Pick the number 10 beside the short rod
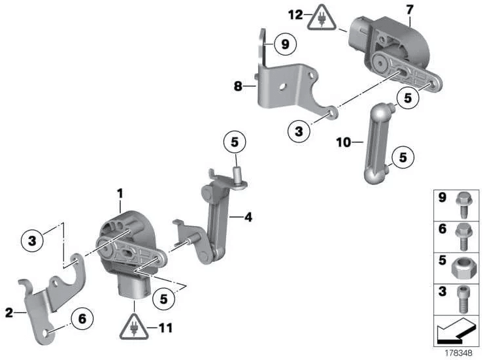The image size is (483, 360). coord(341,141)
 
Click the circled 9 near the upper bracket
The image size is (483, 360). coord(285,44)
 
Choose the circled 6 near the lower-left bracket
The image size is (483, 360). coord(82,319)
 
